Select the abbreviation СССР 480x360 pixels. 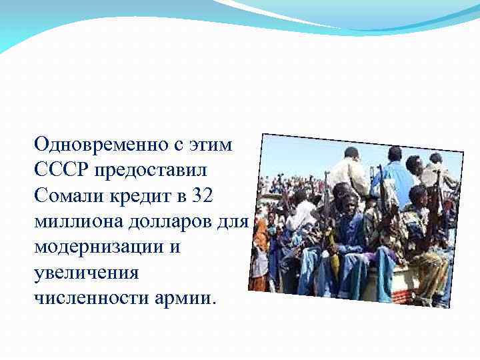[62, 169]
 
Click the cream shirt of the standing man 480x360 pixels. [348, 175]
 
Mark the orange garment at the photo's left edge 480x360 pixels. [259, 240]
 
